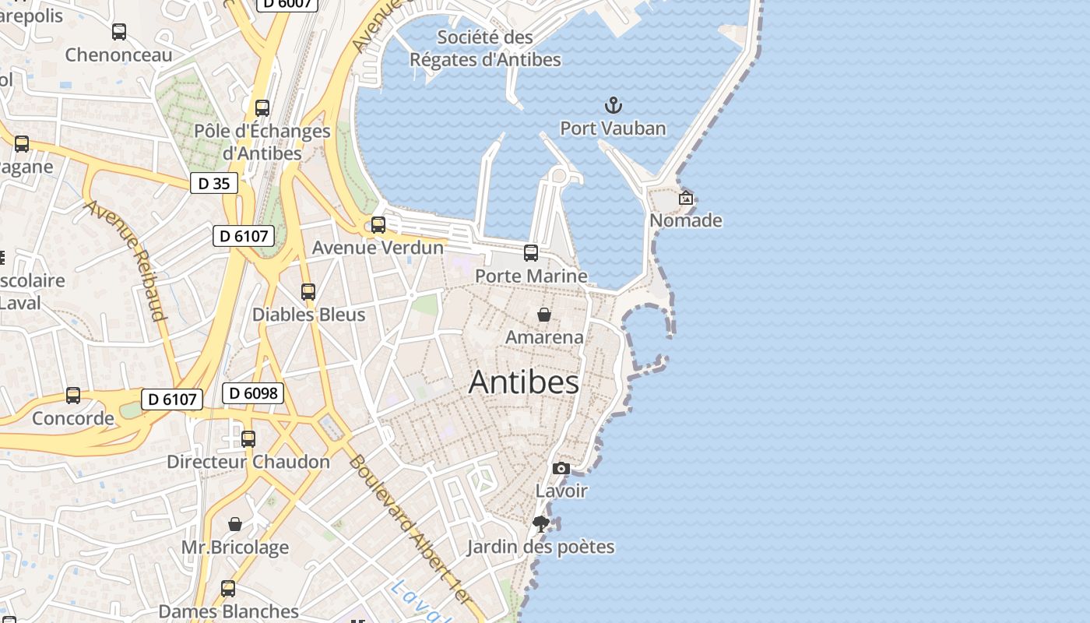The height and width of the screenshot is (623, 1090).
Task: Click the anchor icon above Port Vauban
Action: [614, 105]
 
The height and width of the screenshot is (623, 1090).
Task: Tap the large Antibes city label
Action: [524, 382]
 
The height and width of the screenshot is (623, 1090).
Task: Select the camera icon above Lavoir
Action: [561, 468]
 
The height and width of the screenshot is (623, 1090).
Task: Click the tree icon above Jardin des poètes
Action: [541, 524]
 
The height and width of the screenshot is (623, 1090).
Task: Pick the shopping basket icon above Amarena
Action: [544, 315]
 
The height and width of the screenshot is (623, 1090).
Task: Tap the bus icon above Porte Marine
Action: [531, 253]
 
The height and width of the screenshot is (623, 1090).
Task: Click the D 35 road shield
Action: [214, 184]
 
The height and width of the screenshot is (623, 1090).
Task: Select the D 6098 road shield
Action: [254, 393]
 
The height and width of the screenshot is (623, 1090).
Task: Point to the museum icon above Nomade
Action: [686, 198]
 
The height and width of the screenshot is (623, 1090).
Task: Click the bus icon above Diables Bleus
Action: [308, 292]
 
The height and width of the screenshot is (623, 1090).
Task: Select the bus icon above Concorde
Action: [73, 396]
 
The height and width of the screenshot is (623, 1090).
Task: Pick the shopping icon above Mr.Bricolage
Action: [235, 524]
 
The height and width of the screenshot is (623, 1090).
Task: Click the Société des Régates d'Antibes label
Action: [485, 48]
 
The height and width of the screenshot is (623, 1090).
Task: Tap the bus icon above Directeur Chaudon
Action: [248, 439]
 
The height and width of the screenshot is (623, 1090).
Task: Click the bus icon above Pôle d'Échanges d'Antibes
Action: [262, 108]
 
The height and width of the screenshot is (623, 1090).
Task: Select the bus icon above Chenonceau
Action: [119, 32]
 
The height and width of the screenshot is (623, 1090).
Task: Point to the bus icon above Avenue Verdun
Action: [378, 225]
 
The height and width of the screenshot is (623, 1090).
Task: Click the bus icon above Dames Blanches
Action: [228, 589]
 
